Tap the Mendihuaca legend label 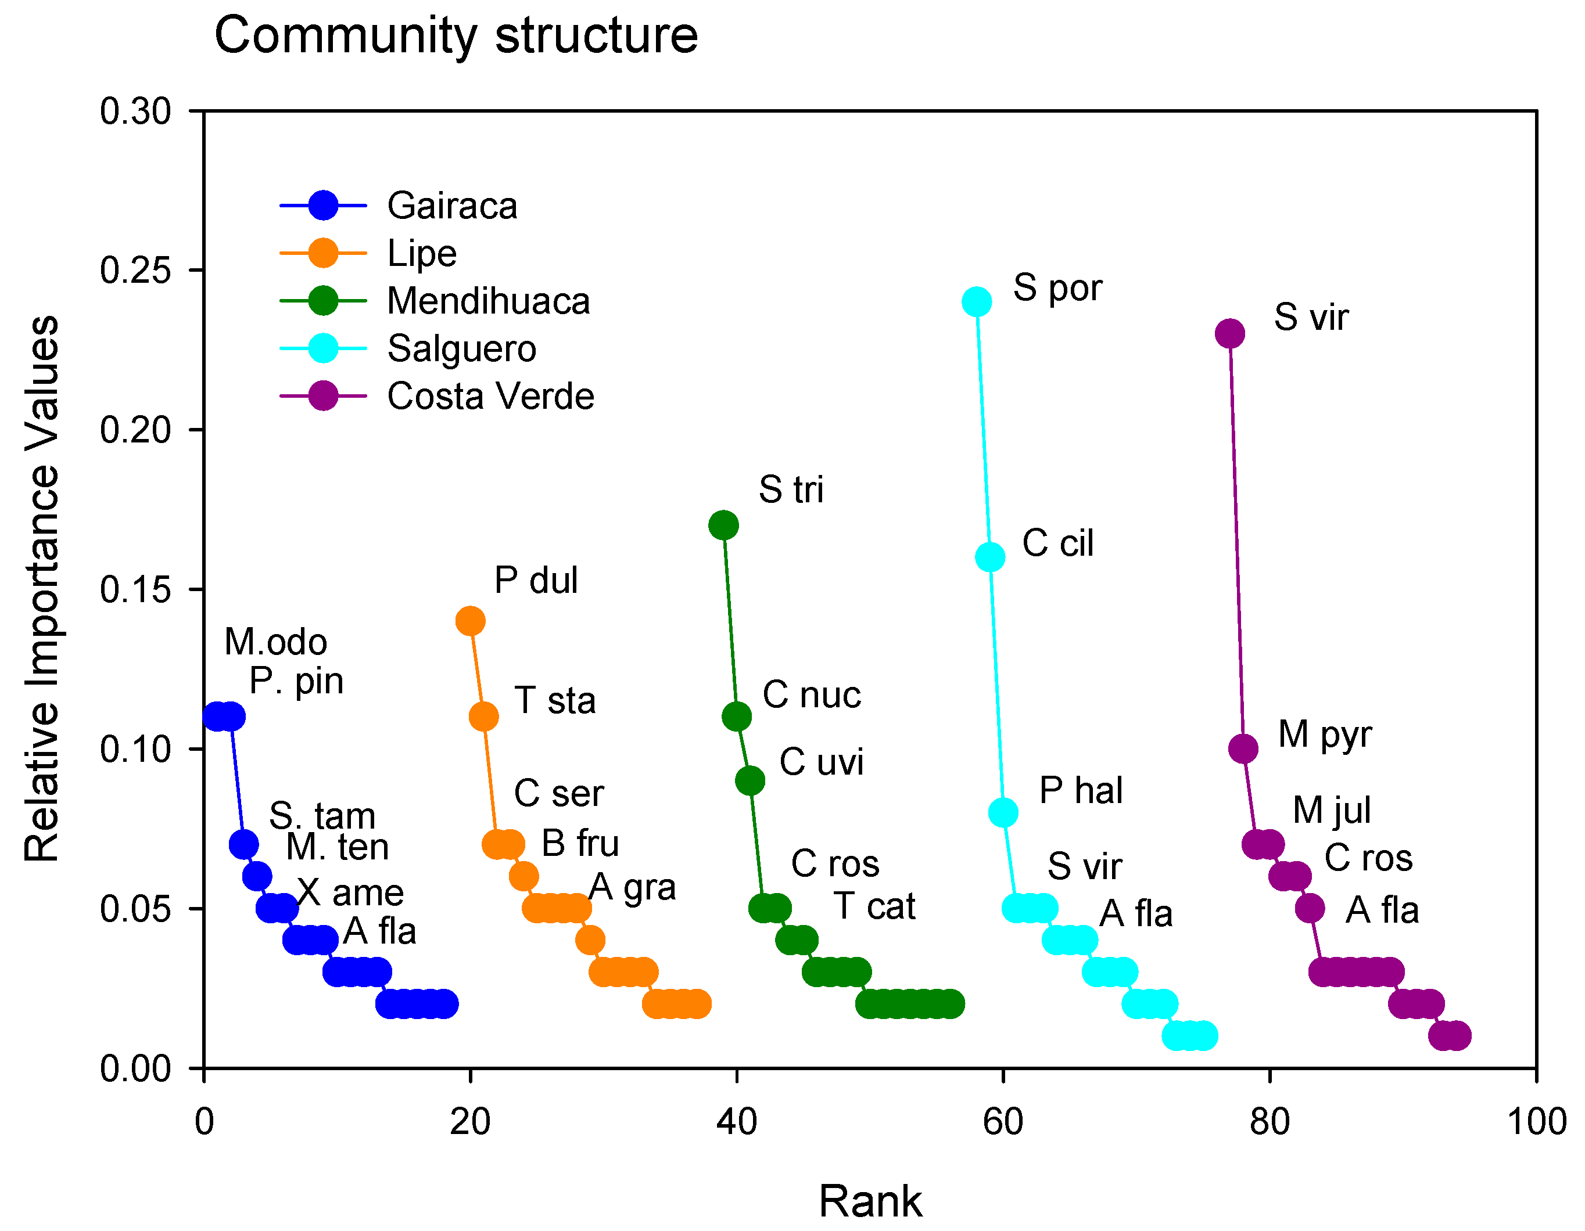(x=487, y=301)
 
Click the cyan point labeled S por (x=977, y=302)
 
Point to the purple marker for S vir (x=1230, y=334)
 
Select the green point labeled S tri (x=723, y=525)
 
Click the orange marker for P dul (x=470, y=621)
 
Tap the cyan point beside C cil (x=990, y=557)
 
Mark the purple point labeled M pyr (x=1243, y=748)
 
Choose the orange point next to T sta (x=483, y=717)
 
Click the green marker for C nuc (x=737, y=717)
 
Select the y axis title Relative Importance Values (x=41, y=588)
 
